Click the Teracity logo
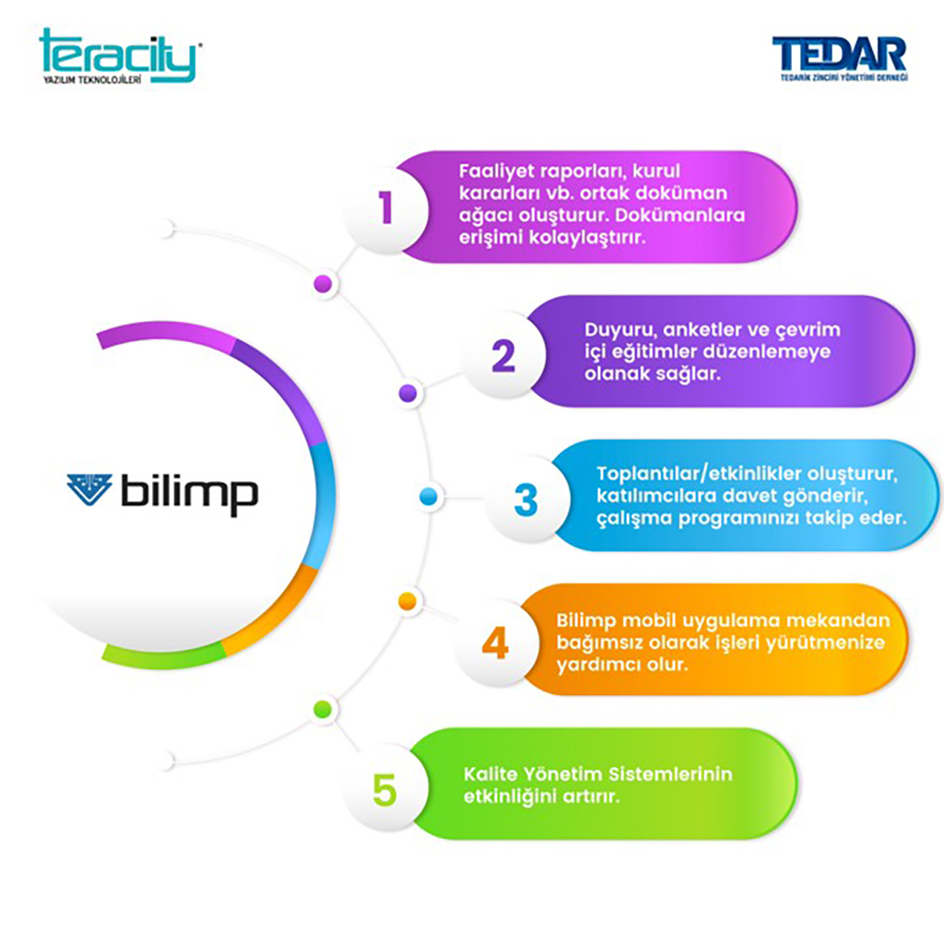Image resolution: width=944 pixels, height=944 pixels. tap(118, 57)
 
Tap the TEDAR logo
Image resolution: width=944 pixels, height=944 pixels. tap(839, 57)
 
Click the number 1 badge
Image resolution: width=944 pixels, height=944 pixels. tap(385, 208)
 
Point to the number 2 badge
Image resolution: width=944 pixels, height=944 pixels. tap(503, 356)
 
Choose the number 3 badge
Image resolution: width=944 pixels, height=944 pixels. tap(525, 500)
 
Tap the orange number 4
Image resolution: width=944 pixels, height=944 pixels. tap(495, 643)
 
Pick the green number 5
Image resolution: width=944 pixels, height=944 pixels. tap(384, 789)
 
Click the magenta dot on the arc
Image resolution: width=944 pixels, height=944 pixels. tap(323, 284)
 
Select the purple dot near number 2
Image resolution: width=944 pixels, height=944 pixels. tap(407, 394)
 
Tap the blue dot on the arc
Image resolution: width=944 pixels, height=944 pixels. tap(428, 497)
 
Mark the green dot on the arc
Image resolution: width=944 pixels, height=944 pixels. tap(323, 708)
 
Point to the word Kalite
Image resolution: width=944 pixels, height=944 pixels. tap(489, 773)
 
